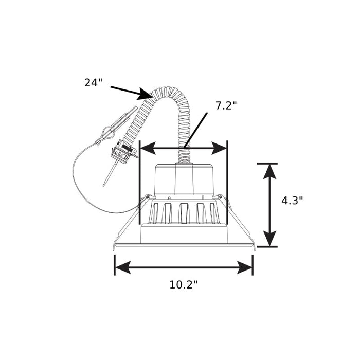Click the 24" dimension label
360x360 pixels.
click(x=93, y=83)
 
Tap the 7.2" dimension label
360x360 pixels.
click(x=226, y=106)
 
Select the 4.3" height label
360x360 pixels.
click(x=292, y=201)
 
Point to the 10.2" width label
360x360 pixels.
click(x=183, y=285)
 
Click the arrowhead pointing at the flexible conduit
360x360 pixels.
click(x=145, y=94)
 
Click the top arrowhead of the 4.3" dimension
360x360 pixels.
click(x=269, y=171)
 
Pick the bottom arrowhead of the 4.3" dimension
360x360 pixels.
click(x=269, y=239)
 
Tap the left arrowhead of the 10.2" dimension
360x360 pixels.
click(x=123, y=267)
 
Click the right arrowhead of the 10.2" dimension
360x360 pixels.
click(x=244, y=267)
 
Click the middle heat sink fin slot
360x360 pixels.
click(x=184, y=213)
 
